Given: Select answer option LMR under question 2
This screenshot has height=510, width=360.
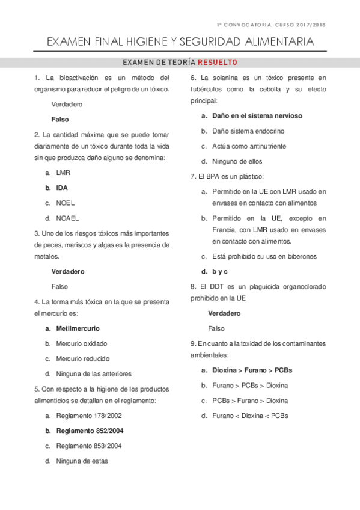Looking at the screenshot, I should tap(63, 173).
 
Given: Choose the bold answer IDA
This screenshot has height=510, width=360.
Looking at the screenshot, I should tap(62, 188).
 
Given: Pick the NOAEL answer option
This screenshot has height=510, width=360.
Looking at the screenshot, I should tap(67, 218).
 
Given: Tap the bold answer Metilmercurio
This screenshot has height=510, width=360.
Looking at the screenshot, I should tap(78, 328).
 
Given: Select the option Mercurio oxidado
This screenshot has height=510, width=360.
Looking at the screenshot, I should tap(82, 343).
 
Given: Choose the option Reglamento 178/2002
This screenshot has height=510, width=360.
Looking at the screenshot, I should tap(89, 416).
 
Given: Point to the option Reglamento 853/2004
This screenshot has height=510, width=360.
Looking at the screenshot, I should tap(89, 446).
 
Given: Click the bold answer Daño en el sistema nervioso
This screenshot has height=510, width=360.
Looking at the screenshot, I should tap(257, 115).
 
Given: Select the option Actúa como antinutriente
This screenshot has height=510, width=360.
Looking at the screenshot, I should tap(249, 146).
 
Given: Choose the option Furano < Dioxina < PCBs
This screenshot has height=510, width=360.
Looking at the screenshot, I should tap(250, 415).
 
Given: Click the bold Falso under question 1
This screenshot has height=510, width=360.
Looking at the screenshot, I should tap(60, 119).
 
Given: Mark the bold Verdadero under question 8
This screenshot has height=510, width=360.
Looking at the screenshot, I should tap(224, 313).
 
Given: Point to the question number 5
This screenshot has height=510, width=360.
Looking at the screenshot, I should tap(37, 389).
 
